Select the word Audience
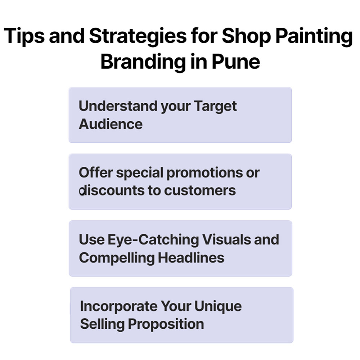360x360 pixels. click(x=111, y=124)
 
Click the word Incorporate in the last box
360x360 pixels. click(x=118, y=306)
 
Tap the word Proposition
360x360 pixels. click(x=166, y=324)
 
